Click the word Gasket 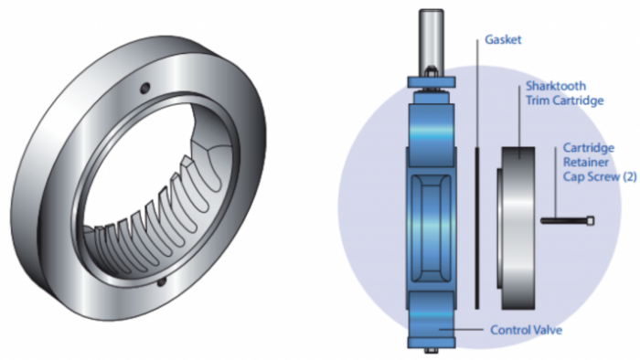coord(503,39)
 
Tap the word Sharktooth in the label coord(556,86)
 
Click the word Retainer coord(586,163)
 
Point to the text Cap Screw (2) coord(600,176)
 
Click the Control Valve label coord(526,330)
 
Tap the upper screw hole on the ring coord(144,88)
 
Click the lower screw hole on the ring coord(162,281)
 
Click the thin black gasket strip coord(476,228)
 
